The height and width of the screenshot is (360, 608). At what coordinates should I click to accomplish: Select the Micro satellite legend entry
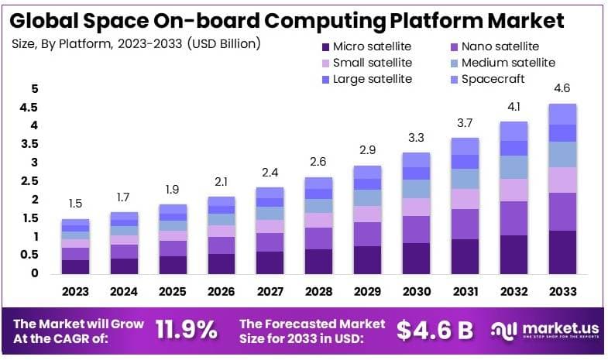tap(366, 47)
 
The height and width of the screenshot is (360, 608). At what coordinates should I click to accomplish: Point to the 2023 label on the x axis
tap(76, 292)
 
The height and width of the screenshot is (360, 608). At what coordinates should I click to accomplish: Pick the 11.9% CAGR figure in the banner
tap(186, 331)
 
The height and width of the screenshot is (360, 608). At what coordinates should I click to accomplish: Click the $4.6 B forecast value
tap(435, 331)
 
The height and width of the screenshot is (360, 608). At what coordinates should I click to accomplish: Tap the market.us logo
tap(546, 331)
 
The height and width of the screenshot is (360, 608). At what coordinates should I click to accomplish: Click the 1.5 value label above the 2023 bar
tap(76, 204)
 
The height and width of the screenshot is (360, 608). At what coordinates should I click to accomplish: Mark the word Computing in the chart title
tap(334, 19)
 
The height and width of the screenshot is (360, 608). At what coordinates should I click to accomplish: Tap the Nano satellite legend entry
tap(496, 47)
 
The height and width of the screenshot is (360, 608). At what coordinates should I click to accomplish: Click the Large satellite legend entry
tap(365, 79)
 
